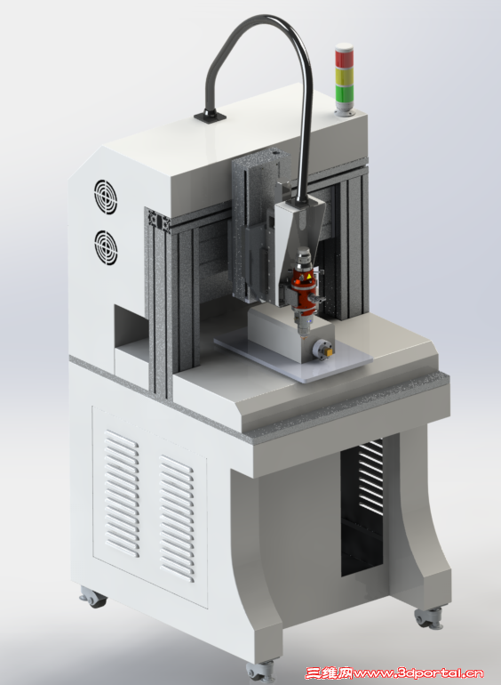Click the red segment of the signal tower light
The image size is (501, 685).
[x=344, y=58]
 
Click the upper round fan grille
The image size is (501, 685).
[x=106, y=197]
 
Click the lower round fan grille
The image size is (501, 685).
[x=106, y=247]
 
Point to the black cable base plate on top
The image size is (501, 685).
[x=211, y=117]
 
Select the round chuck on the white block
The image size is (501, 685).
[x=322, y=350]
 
